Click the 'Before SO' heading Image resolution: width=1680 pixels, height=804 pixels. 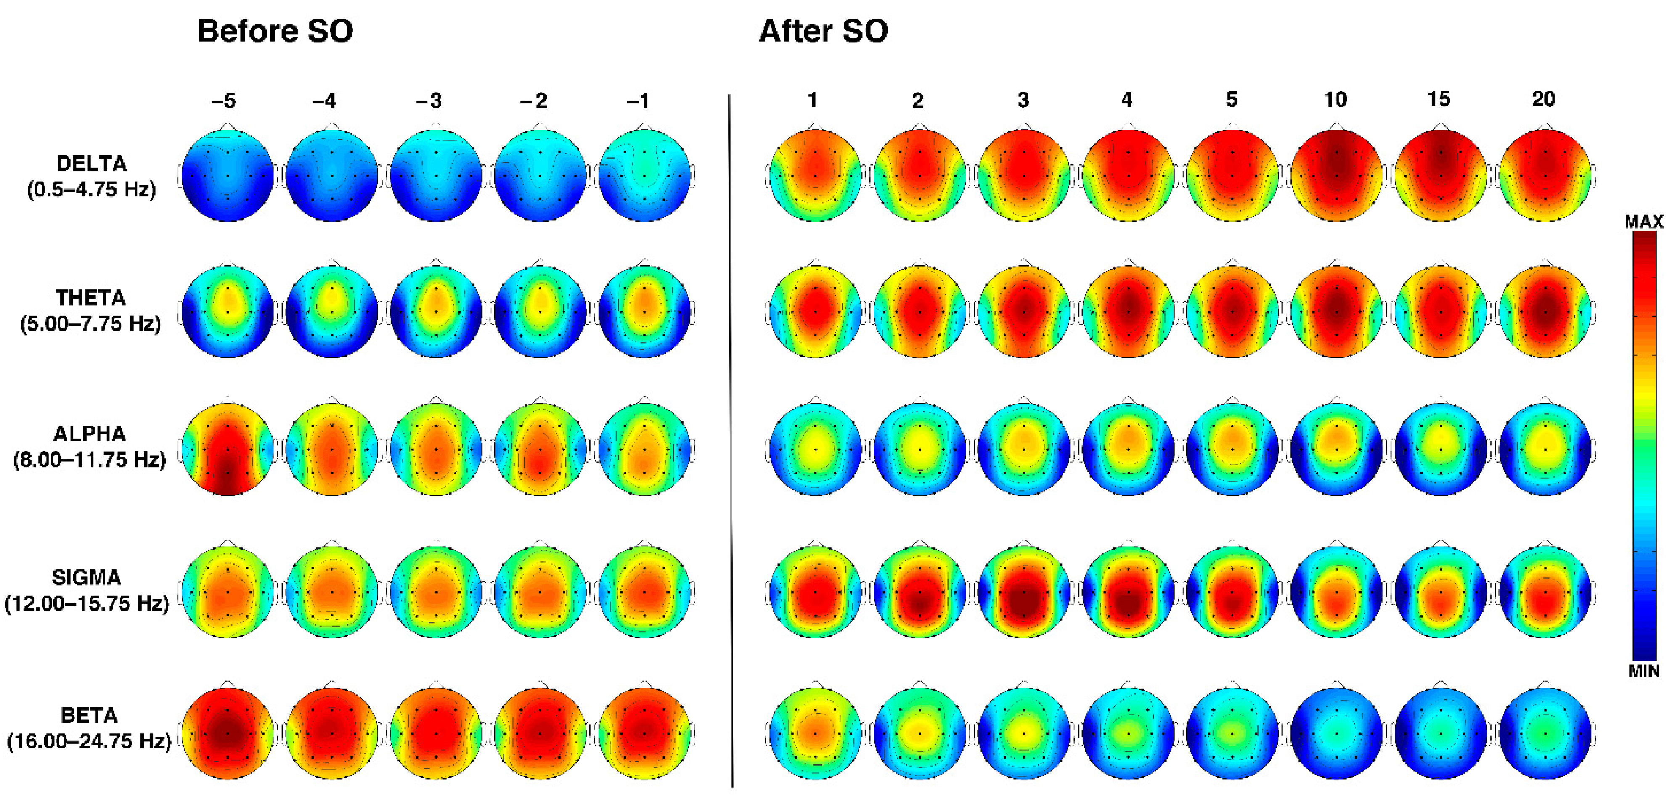[275, 31]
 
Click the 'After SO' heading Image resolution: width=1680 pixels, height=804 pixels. [823, 31]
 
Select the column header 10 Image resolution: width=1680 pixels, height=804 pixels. [1335, 100]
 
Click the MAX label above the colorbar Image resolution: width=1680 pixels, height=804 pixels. [1643, 222]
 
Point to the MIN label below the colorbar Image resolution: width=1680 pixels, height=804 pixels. [1643, 671]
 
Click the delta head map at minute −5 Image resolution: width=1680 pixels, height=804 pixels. [228, 175]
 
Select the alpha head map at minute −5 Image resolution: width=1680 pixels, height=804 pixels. [228, 449]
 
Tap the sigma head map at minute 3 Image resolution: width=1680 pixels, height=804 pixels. [1024, 592]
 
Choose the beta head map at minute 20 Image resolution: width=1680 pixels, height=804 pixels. [1545, 733]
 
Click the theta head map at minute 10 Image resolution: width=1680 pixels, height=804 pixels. [1336, 311]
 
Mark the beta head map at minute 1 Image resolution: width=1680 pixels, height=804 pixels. [815, 733]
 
